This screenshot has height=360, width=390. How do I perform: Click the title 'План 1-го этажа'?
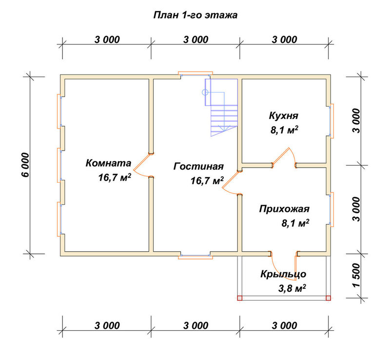[195, 15]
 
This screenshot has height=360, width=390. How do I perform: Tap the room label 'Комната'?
[108, 163]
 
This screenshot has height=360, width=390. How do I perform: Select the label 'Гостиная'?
[198, 166]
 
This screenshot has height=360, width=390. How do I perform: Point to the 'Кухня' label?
[284, 116]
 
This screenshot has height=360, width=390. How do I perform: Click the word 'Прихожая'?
[284, 209]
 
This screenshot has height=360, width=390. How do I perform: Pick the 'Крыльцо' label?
[283, 274]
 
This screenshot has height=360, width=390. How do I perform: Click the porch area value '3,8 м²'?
[292, 288]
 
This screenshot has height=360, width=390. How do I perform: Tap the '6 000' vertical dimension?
[25, 165]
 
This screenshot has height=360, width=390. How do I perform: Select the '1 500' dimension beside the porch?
[356, 275]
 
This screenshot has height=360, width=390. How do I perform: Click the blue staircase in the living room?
[221, 107]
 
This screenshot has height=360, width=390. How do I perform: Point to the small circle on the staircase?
[205, 93]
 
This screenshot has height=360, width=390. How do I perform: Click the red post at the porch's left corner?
[239, 298]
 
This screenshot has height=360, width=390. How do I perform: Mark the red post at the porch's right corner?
[328, 298]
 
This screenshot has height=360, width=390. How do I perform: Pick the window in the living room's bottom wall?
[195, 256]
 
